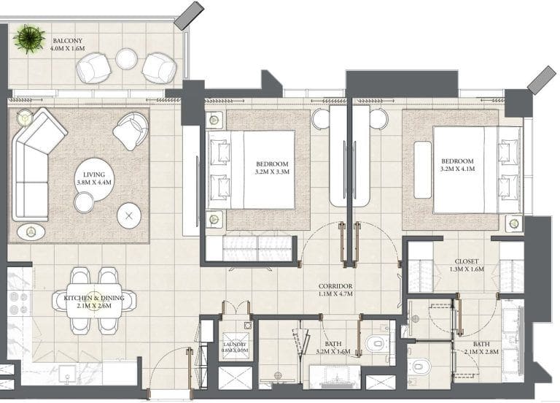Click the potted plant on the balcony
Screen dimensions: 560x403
coord(29,39)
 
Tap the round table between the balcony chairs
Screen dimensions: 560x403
coord(126,58)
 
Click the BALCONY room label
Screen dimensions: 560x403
coord(68,41)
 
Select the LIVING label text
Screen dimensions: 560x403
coord(94,174)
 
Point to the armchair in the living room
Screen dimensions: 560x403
coord(131,131)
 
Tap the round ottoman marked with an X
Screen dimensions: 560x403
coord(129,215)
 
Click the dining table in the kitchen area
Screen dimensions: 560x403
coord(94,301)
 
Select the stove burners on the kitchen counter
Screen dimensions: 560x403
coord(19,302)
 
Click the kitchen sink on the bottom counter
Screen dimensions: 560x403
coord(68,374)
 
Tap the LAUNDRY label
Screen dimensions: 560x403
coord(235,345)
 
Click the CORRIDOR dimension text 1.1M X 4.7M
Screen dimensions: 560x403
coord(335,294)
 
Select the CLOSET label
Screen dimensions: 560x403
coord(467,261)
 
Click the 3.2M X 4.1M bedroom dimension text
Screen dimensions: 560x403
coord(457,169)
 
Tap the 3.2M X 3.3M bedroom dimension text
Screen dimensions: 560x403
coord(272,172)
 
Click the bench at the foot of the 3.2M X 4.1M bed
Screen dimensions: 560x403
coord(422,170)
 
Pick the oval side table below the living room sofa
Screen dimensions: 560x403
coord(31,232)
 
